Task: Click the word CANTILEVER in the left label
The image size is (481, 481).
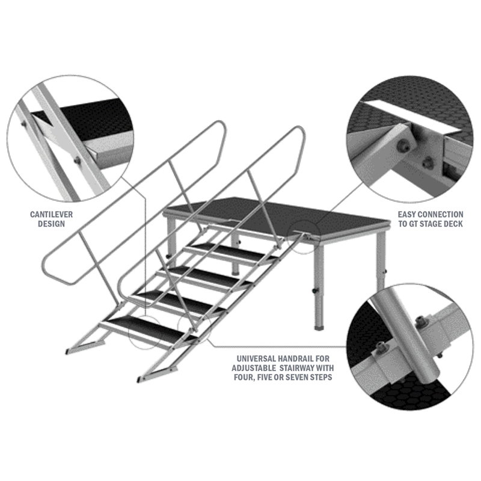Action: point(51,215)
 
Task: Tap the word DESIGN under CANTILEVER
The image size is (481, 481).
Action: point(51,224)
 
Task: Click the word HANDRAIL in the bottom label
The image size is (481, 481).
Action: point(295,358)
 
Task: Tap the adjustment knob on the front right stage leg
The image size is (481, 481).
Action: point(314,290)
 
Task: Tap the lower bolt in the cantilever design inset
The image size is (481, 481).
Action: point(78,161)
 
